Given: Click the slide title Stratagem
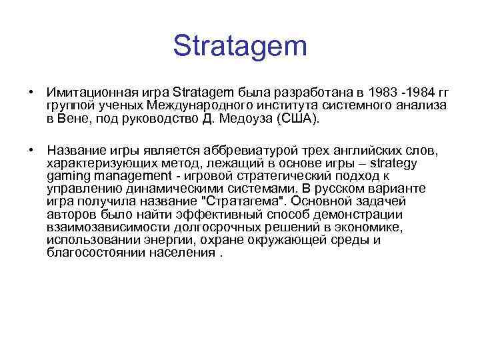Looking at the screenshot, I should click(240, 47).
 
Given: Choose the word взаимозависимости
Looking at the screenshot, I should click(103, 227).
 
